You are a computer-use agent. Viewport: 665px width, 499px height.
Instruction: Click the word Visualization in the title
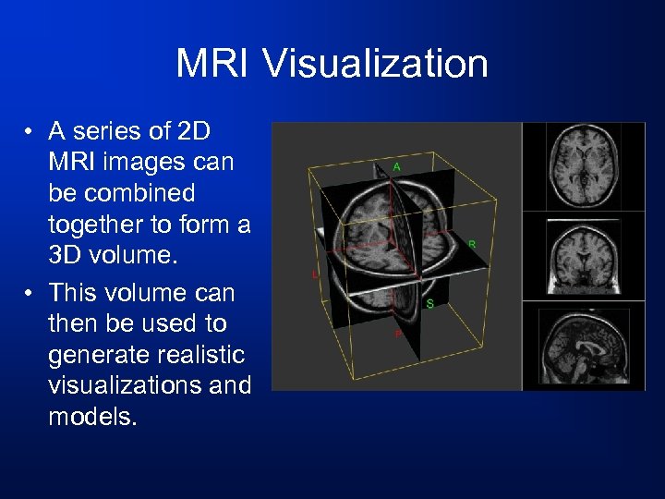click(375, 65)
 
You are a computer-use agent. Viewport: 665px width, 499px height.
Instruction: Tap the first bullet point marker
click(30, 131)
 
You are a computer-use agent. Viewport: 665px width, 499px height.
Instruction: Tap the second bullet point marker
click(30, 294)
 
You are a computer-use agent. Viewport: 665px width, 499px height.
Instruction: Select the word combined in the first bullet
click(138, 194)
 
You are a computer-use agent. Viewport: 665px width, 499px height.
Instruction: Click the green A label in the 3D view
click(396, 167)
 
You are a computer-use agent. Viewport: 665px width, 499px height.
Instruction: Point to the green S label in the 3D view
click(430, 303)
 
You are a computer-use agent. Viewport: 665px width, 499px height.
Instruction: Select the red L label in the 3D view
click(315, 275)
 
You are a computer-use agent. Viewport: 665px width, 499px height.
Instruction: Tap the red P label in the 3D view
click(398, 335)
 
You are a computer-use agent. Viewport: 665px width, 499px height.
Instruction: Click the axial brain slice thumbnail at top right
click(584, 166)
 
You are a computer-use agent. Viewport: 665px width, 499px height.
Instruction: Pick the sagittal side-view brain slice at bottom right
click(584, 345)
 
